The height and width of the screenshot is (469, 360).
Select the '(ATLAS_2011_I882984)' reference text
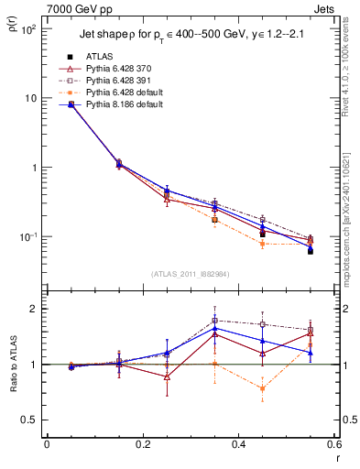[191, 273]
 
